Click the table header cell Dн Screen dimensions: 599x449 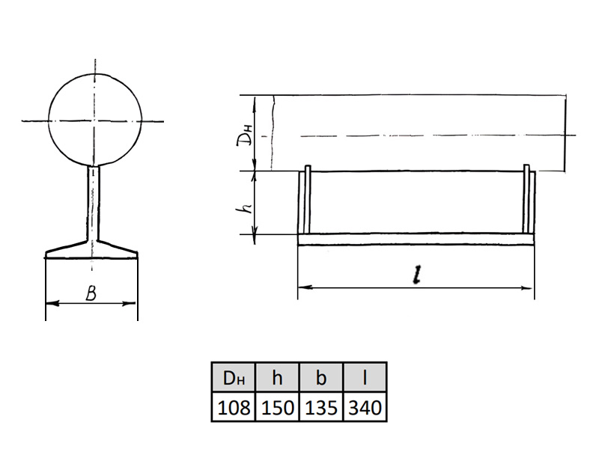[234, 378]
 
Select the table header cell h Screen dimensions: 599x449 [277, 378]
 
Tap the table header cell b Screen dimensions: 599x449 [321, 378]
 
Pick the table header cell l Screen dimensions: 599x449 [365, 378]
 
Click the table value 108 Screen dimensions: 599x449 [234, 407]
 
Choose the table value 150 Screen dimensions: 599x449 [277, 407]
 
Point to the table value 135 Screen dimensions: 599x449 [321, 407]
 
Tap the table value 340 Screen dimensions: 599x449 [365, 407]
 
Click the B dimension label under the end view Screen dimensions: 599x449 [91, 293]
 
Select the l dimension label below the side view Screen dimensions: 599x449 [417, 275]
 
